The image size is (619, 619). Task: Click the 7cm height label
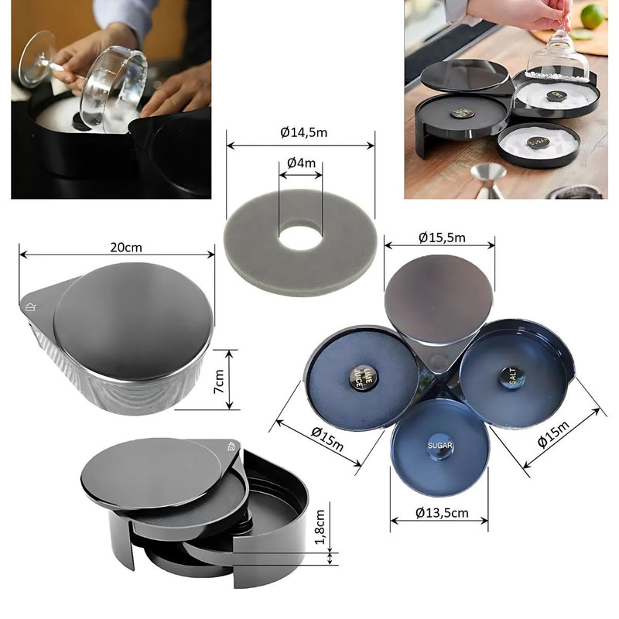tap(220, 378)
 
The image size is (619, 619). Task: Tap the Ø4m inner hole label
tap(300, 163)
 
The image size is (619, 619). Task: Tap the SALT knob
tap(511, 376)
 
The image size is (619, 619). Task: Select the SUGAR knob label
tap(439, 446)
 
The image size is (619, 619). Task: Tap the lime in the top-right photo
tap(592, 15)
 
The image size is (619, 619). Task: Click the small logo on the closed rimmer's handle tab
tap(31, 306)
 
